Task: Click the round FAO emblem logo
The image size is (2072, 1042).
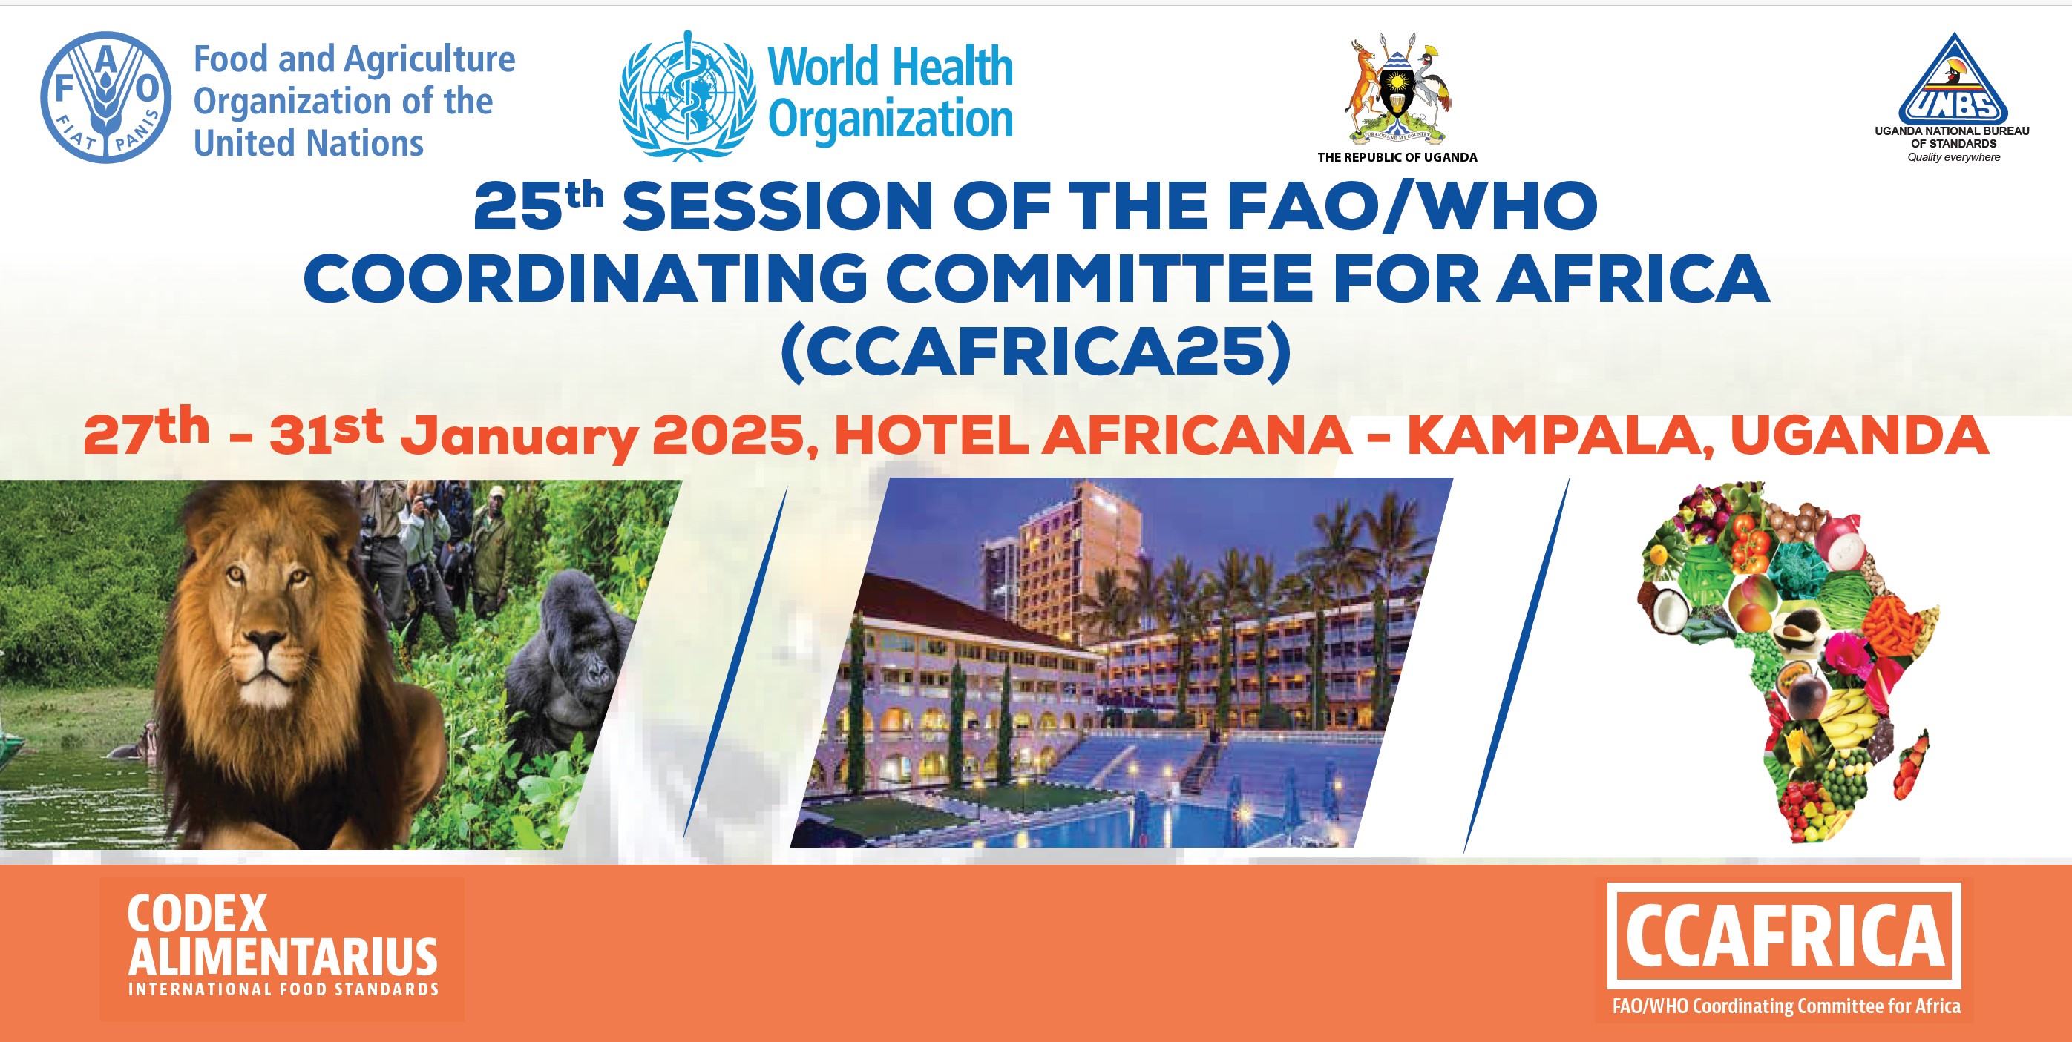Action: [105, 97]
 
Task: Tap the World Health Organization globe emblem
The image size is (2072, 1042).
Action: [688, 96]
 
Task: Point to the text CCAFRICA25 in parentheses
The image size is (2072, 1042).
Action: [1036, 352]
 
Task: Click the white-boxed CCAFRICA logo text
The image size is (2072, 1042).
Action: [1784, 935]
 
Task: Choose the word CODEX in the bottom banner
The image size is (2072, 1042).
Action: [197, 914]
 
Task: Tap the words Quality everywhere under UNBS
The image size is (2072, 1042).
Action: [1954, 157]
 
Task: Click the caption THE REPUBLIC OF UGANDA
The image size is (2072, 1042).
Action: [1397, 157]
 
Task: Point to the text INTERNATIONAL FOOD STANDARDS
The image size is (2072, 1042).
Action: [283, 989]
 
